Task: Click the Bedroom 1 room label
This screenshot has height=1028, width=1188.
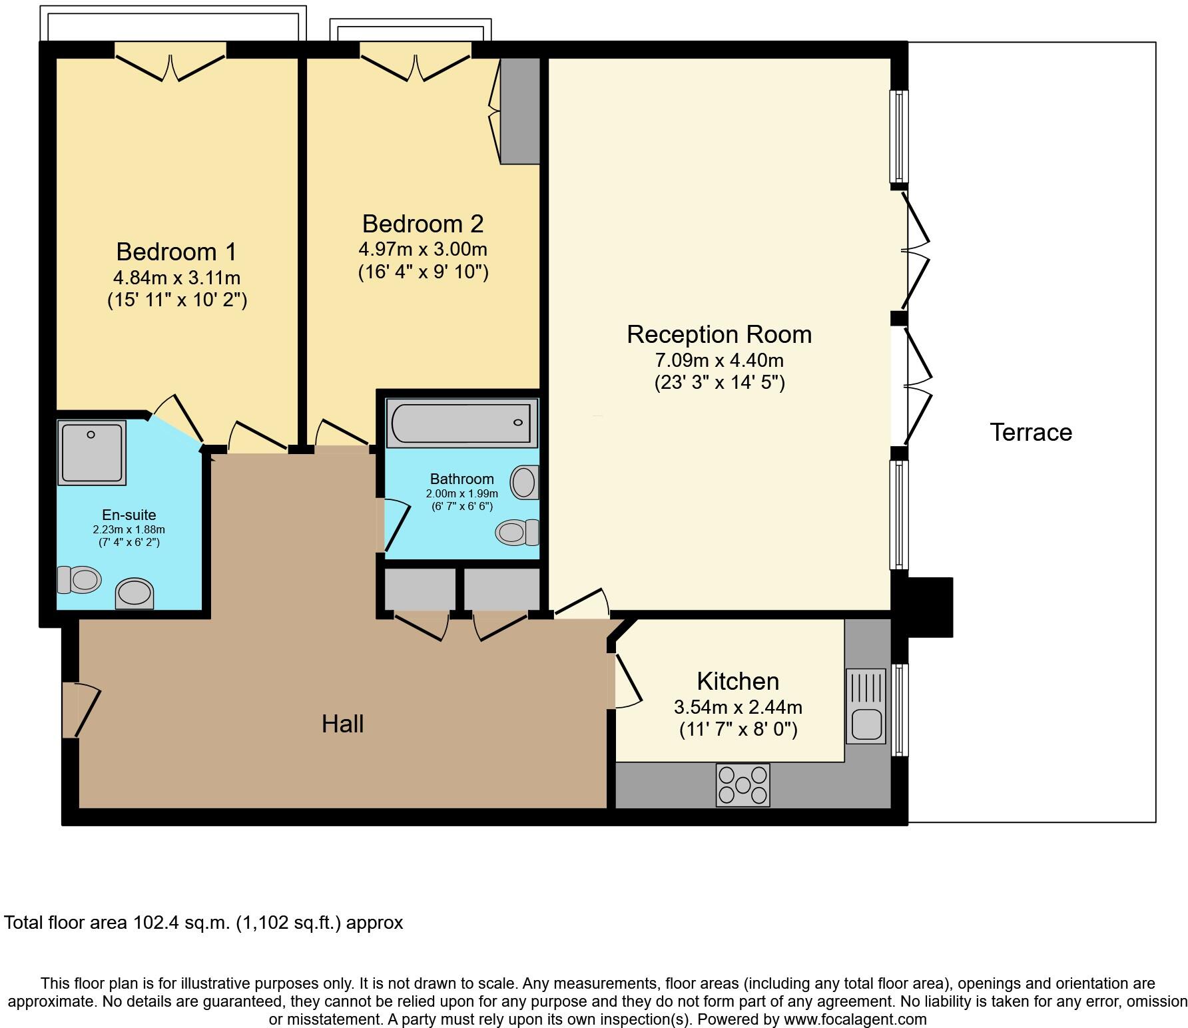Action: click(x=176, y=252)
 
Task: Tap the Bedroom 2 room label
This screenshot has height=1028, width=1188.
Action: click(x=423, y=223)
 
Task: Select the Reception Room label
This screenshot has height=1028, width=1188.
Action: click(x=719, y=334)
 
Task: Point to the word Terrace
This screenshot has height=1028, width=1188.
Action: click(x=1031, y=433)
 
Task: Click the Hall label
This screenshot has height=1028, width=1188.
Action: click(x=342, y=724)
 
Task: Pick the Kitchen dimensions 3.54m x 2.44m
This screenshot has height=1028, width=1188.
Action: click(x=738, y=707)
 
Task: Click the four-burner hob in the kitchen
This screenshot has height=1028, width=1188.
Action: click(x=742, y=785)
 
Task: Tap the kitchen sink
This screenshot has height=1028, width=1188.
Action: click(x=866, y=706)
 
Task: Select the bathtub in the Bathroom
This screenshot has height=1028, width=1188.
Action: click(x=462, y=423)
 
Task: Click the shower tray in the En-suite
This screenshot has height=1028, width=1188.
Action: click(x=92, y=452)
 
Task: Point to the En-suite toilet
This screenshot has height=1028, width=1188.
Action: click(x=79, y=579)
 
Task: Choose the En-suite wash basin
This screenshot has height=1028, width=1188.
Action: click(x=135, y=594)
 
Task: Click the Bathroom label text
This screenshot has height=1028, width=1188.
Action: click(x=462, y=479)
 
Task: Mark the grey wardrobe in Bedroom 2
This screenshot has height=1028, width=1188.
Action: click(x=520, y=111)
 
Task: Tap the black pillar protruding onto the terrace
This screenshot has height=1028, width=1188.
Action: click(x=930, y=607)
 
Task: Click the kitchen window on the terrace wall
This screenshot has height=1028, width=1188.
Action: click(x=899, y=710)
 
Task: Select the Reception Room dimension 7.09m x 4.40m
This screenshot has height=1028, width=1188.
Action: click(x=719, y=361)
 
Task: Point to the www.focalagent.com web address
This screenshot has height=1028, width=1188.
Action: click(x=855, y=1019)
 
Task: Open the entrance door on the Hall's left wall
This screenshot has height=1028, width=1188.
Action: click(x=81, y=710)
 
